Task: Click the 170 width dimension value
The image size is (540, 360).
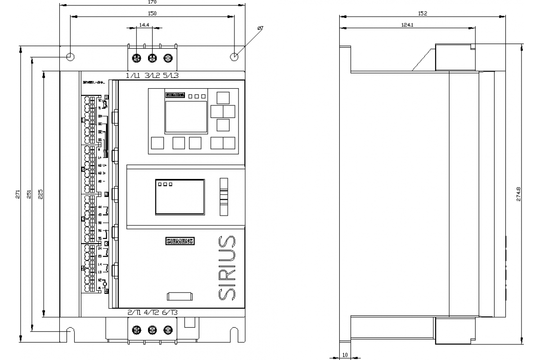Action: click(153, 2)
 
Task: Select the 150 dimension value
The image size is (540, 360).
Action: click(153, 14)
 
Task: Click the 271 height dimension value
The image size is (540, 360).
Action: click(18, 194)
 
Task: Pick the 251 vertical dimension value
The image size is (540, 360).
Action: click(29, 194)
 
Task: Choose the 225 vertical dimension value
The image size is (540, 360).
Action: click(40, 194)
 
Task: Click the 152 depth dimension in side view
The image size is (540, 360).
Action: click(422, 14)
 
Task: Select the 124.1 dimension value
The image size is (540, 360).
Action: click(407, 25)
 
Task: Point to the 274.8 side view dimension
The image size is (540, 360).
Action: click(519, 194)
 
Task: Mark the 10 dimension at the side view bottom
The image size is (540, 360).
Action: click(345, 355)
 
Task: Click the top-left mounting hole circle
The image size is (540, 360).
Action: click(70, 57)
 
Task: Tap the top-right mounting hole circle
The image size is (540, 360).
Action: click(234, 57)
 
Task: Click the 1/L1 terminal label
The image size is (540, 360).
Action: click(133, 76)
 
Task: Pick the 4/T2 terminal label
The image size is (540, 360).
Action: click(152, 312)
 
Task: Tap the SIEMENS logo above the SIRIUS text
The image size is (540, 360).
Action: click(180, 241)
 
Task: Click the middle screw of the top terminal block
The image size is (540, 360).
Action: click(152, 58)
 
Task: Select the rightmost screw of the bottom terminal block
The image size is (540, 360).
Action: click(168, 330)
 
